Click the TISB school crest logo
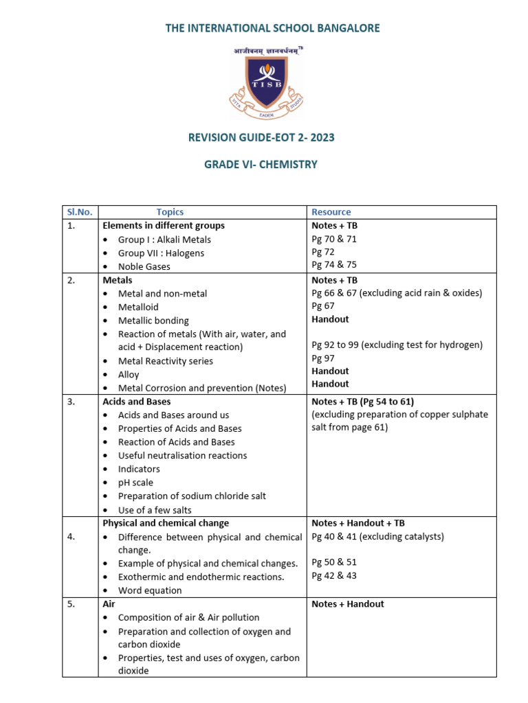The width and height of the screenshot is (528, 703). coord(264,80)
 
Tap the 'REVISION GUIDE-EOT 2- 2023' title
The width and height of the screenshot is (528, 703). coord(261,137)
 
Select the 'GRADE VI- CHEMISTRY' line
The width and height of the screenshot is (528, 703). coord(261,165)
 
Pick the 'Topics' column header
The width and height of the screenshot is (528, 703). coord(170,212)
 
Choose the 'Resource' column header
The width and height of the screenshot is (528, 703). coord(331,212)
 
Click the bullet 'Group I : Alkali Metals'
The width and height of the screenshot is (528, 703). coord(164,240)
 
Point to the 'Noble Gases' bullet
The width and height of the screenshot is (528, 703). coord(145,266)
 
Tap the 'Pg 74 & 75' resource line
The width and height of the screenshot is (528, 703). coord(334,264)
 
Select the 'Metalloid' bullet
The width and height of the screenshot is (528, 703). coord(139,307)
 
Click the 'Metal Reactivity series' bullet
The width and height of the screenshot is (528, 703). coord(165,361)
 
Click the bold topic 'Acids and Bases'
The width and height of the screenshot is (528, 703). coord(136,402)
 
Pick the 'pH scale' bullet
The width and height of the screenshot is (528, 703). coord(135,483)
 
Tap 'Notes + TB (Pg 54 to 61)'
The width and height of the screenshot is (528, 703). coord(362,402)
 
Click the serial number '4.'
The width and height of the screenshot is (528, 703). coord(71,537)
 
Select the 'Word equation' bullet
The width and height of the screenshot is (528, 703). coord(150,590)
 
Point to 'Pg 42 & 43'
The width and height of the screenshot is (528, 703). coord(334,576)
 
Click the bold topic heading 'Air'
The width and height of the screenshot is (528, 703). coord(109,604)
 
